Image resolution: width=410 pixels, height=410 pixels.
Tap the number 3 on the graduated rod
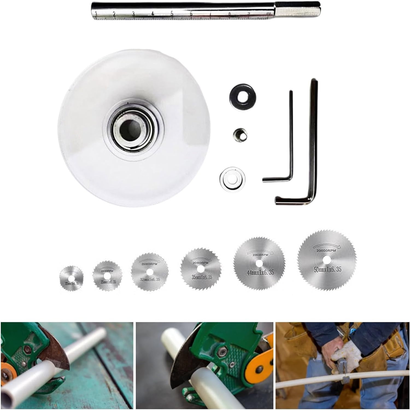coord(133,14)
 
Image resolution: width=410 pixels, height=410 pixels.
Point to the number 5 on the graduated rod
coord(172,14)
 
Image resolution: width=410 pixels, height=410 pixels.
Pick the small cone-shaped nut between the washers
coord(240,134)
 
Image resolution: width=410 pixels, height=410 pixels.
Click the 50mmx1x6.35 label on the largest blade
coord(327,270)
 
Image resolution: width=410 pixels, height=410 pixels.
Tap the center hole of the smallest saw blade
coord(71,279)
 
